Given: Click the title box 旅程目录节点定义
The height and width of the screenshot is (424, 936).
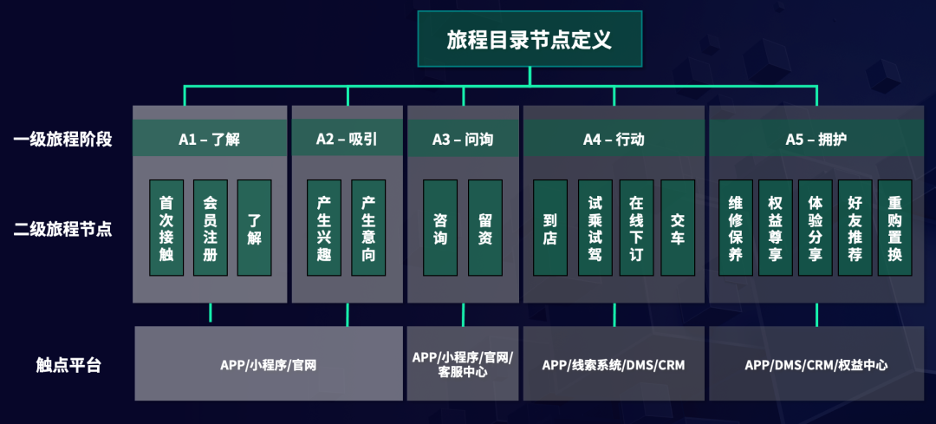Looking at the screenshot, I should (x=530, y=39).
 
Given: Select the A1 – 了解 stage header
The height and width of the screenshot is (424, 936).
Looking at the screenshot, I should (x=210, y=139).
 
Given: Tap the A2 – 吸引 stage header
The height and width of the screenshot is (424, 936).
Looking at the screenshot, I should (x=347, y=139).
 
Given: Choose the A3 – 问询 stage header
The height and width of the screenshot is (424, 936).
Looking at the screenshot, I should (x=463, y=139).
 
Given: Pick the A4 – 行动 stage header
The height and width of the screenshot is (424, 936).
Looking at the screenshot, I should (x=614, y=139).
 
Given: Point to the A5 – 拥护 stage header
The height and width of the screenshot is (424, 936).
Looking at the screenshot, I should (x=816, y=139).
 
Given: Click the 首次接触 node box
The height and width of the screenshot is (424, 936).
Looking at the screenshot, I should (x=166, y=227).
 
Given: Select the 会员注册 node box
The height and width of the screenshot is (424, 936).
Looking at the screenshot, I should (x=210, y=227).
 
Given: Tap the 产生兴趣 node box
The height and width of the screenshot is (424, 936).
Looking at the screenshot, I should (x=324, y=227).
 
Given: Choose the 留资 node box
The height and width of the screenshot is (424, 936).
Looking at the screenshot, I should (x=485, y=227).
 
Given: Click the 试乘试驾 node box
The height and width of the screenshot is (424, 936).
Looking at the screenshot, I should (x=595, y=227).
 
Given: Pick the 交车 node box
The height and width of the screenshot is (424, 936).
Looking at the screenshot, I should (x=677, y=227).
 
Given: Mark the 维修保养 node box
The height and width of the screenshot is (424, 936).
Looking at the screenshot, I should (x=736, y=227).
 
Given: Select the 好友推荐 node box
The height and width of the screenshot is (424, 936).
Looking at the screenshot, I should (x=855, y=227).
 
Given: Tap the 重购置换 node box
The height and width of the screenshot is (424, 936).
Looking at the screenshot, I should (x=894, y=227).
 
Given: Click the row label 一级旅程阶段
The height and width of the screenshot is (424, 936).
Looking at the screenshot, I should (x=63, y=139).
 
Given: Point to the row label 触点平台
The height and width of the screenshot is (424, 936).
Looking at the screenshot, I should (x=68, y=365).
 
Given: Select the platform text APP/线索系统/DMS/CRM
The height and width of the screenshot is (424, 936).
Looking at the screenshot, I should (x=614, y=365).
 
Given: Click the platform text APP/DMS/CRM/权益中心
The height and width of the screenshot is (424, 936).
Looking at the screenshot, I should (x=816, y=365).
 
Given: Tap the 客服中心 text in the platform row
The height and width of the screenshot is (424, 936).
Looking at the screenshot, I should (x=463, y=373).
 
